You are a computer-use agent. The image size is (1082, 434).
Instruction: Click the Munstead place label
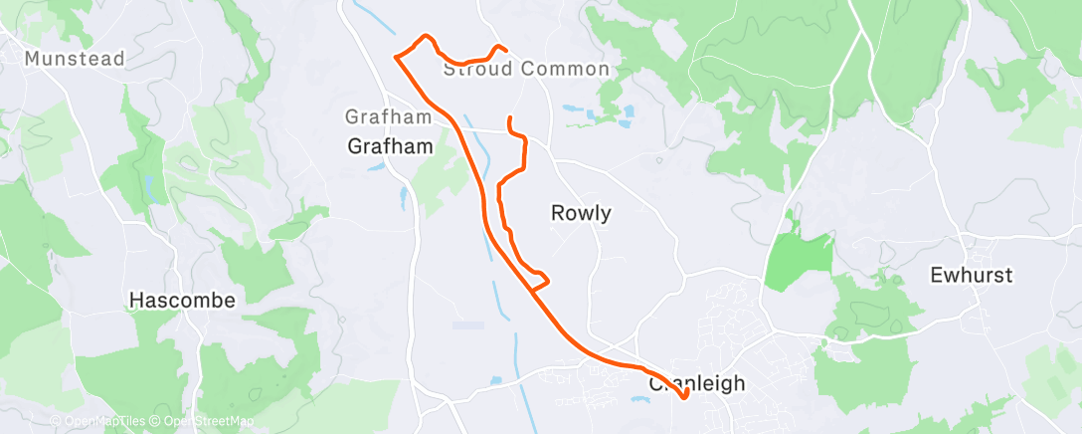(75, 59)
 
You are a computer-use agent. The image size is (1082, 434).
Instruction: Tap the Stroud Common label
(525, 69)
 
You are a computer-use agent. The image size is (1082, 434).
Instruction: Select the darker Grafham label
(391, 146)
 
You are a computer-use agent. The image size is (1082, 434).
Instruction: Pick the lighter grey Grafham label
(389, 116)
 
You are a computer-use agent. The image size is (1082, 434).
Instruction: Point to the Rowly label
(581, 212)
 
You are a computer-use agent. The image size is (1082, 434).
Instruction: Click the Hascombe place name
(183, 300)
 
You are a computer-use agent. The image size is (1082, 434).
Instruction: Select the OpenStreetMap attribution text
(205, 422)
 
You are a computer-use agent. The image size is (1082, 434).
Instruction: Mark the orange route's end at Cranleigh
(685, 398)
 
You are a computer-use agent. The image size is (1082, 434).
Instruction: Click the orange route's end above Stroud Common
(507, 49)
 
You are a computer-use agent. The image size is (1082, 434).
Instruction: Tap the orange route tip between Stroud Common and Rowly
(510, 119)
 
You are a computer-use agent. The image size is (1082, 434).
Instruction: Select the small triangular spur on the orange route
(540, 280)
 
